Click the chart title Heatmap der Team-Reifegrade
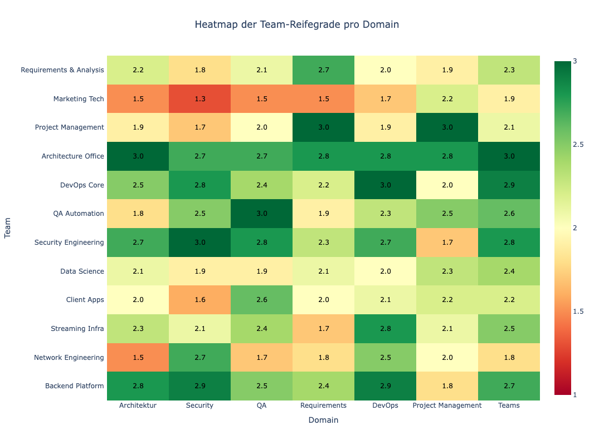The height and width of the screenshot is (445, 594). [296, 25]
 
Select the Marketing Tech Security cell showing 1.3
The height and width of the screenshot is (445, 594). [199, 99]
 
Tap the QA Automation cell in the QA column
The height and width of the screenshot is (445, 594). [261, 214]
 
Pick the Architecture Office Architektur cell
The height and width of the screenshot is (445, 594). [138, 156]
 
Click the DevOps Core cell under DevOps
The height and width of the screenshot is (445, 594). [385, 185]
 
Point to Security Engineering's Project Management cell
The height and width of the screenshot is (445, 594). [447, 243]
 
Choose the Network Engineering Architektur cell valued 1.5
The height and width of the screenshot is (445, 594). [138, 358]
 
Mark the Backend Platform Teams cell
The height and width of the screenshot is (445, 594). [509, 386]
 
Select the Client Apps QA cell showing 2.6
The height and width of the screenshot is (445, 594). [261, 300]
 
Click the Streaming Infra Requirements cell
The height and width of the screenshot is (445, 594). [323, 329]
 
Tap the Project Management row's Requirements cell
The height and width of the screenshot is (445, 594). [323, 127]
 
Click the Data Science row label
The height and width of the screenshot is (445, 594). [82, 271]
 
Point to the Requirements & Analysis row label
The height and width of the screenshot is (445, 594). [62, 70]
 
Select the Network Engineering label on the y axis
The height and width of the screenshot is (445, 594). [69, 358]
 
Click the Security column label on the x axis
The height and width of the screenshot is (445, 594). [199, 406]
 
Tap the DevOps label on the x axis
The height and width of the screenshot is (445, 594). [385, 406]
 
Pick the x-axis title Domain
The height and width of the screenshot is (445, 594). [323, 421]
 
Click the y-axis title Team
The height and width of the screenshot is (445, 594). [8, 228]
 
